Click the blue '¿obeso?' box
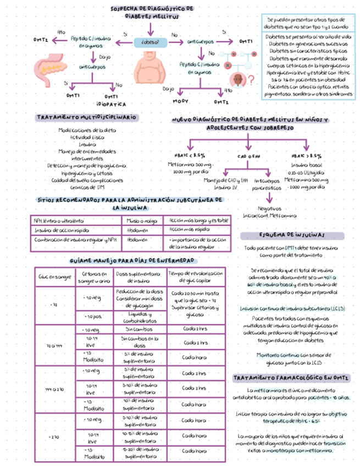pos(150,41)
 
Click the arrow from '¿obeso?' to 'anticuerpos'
pos(175,41)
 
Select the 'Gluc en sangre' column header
pos(55,277)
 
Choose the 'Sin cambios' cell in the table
pos(140,329)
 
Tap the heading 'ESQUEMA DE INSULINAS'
pos(291,235)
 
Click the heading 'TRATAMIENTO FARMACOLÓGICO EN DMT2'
pos(291,379)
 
